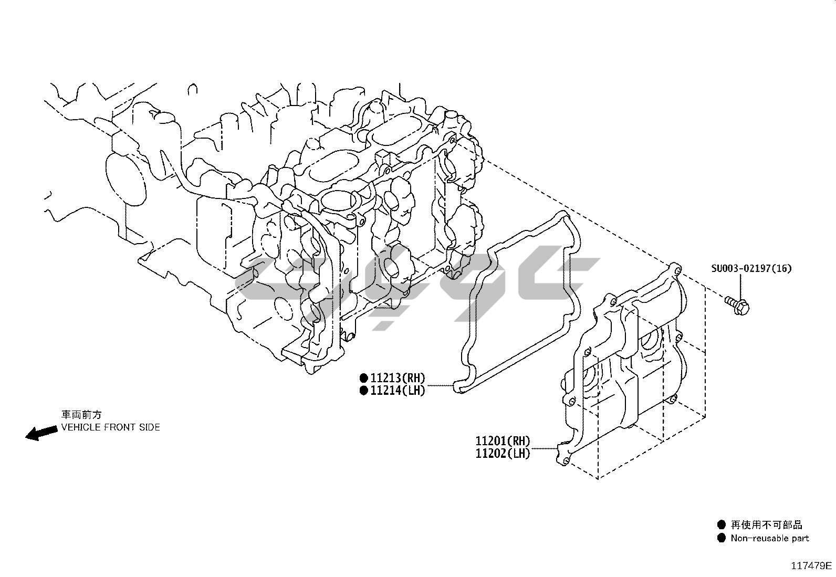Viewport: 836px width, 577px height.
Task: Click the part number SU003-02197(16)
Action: coord(751,268)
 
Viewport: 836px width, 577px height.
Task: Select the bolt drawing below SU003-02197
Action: coord(738,303)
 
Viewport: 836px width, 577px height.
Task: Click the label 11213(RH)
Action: coord(398,377)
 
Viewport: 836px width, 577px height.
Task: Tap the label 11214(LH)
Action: coord(398,390)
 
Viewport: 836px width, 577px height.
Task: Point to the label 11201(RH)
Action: coord(503,441)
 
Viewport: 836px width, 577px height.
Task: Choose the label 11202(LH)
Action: coord(503,454)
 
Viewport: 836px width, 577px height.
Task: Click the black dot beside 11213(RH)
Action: coord(363,377)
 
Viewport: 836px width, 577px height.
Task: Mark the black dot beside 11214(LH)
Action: coord(363,390)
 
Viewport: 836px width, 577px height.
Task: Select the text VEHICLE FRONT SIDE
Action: coord(110,427)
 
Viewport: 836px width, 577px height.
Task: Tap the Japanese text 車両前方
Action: coord(81,415)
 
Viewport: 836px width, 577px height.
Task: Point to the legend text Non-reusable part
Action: coord(769,538)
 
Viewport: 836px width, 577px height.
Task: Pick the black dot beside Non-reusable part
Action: coord(722,538)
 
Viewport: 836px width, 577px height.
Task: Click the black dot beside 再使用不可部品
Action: coord(722,524)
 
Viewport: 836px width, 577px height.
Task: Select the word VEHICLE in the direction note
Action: coord(80,427)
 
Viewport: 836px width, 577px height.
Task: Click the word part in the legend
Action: coord(799,539)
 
